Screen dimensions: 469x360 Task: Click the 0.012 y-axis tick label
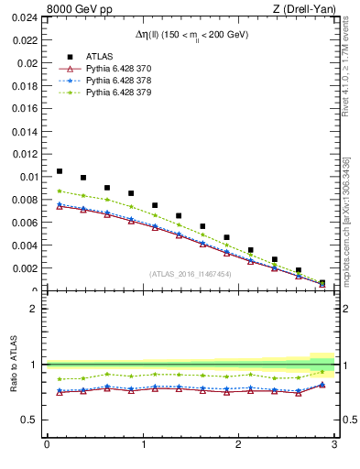tap(25, 155)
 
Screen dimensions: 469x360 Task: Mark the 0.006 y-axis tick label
tap(25, 223)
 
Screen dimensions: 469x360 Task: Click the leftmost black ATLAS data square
tap(60, 171)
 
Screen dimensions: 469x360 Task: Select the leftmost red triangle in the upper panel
tap(60, 207)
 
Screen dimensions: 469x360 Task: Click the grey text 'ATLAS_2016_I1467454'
tap(191, 274)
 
